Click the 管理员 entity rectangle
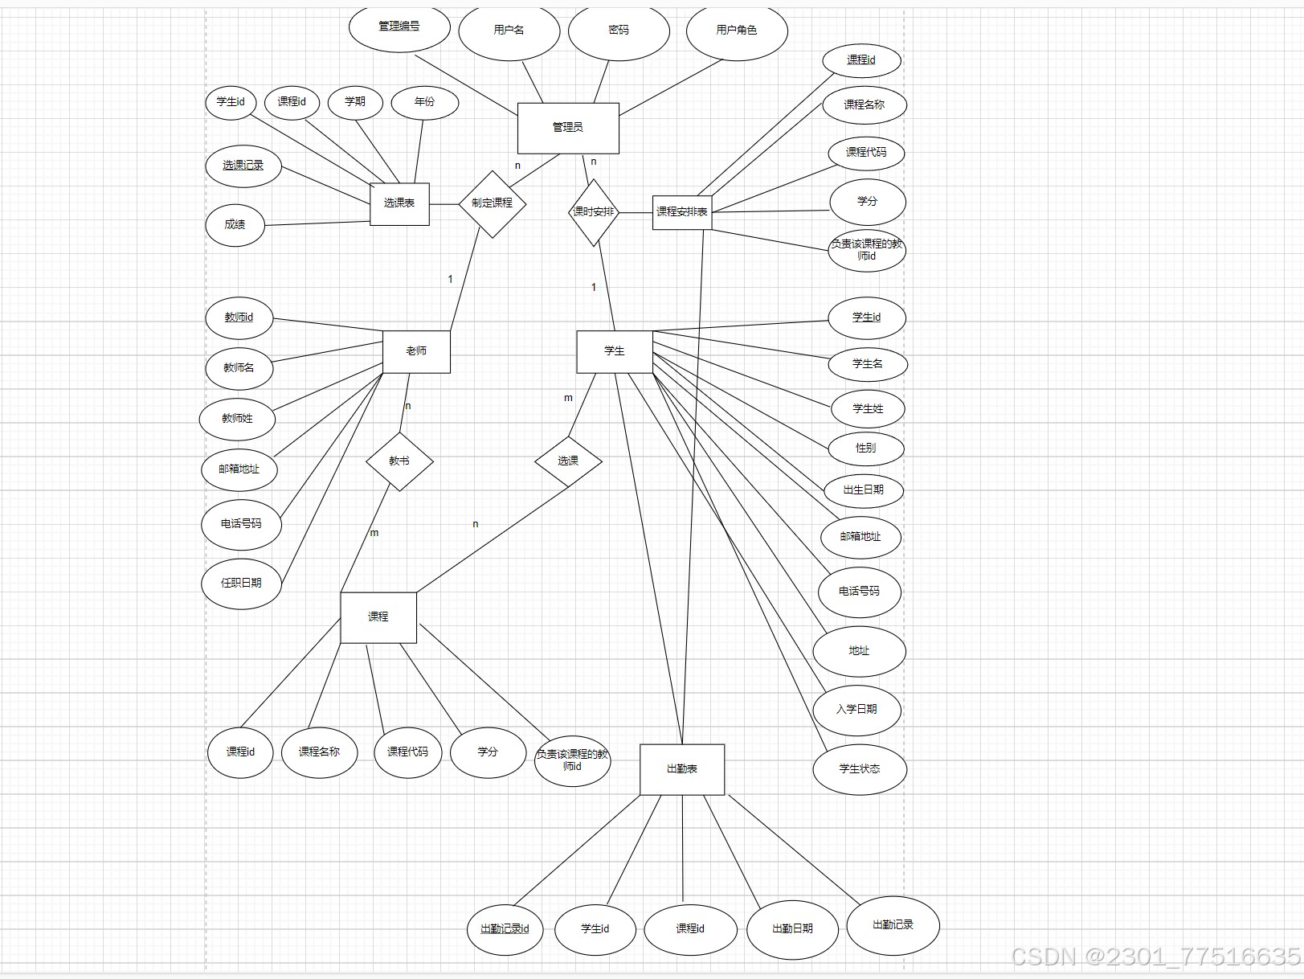coord(568,128)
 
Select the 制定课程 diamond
coord(492,203)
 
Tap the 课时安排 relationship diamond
coord(594,212)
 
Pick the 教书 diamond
coord(399,461)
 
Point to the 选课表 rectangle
coord(399,203)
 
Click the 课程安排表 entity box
coord(681,212)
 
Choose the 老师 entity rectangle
coord(416,351)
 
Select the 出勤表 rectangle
coord(682,769)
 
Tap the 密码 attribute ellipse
coord(619,31)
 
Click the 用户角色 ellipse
coord(737,31)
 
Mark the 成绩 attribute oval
coord(235,225)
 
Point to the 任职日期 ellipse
coord(241,584)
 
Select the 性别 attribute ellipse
coord(866,449)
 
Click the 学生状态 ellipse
coord(860,769)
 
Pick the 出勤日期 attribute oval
coord(793,929)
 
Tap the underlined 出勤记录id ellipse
coord(505,929)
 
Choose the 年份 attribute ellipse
coord(424,102)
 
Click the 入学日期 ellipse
coord(856,710)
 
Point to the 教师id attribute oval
coord(239,318)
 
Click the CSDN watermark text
coord(1155,956)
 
